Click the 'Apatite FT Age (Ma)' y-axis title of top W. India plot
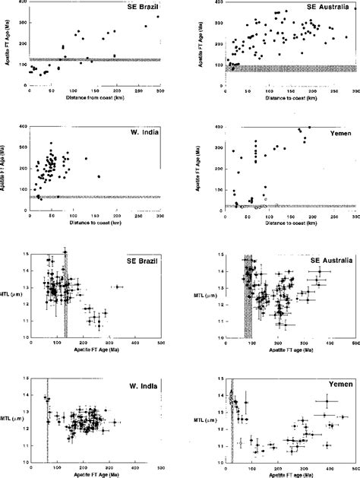9,166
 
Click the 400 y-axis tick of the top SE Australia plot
219,3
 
